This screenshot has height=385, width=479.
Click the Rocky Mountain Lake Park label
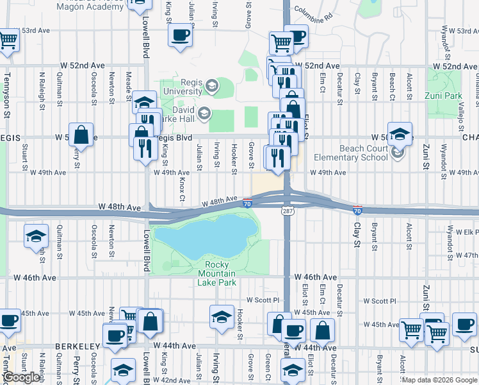(221, 274)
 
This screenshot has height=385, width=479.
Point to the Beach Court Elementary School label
(352, 153)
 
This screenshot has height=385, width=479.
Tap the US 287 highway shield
(286, 210)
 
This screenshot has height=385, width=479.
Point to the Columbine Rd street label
(314, 13)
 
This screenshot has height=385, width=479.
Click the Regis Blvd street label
(173, 137)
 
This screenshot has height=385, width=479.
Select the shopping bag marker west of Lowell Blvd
(81, 135)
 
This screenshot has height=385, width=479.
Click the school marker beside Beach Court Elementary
(400, 134)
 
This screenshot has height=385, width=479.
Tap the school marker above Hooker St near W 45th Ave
(222, 316)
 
